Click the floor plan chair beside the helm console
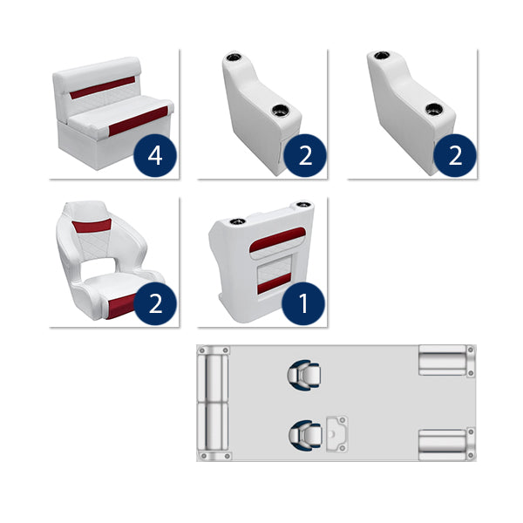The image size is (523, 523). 301,432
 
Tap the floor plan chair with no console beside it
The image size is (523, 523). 301,373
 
